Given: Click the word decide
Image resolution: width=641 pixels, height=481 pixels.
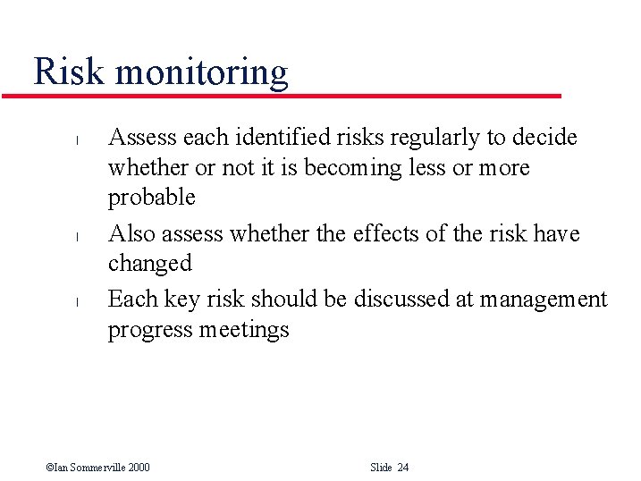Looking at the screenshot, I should pos(544,138).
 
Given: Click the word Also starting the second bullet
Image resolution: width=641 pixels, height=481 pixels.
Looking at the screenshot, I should pos(131,233).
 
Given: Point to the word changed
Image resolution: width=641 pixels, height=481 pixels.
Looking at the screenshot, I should pos(149,265).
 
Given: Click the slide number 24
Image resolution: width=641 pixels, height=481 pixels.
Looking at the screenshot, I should pos(402,468).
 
